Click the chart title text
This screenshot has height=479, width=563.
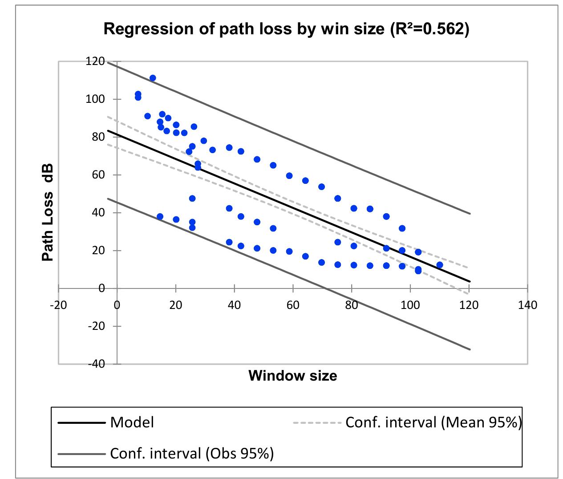pyautogui.click(x=286, y=29)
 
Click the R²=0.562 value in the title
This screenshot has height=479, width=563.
pyautogui.click(x=429, y=29)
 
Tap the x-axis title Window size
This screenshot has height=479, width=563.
pyautogui.click(x=292, y=376)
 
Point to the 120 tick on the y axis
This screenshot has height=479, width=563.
pyautogui.click(x=95, y=61)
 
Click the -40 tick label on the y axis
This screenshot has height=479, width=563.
pyautogui.click(x=95, y=364)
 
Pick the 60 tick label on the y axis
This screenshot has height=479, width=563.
pyautogui.click(x=97, y=175)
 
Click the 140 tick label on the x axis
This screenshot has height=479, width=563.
pyautogui.click(x=527, y=305)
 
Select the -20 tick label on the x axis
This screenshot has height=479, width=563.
pyautogui.click(x=58, y=305)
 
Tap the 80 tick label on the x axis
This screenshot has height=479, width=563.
pyautogui.click(x=352, y=305)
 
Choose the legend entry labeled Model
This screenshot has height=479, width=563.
pyautogui.click(x=132, y=422)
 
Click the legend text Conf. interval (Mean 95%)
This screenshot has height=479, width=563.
pyautogui.click(x=433, y=422)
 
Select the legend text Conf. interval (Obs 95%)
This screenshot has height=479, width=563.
pyautogui.click(x=191, y=453)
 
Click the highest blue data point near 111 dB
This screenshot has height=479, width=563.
pyautogui.click(x=153, y=78)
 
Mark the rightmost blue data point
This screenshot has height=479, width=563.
pyautogui.click(x=440, y=265)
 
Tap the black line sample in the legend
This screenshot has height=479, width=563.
pyautogui.click(x=81, y=422)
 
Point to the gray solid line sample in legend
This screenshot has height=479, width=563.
pyautogui.click(x=81, y=454)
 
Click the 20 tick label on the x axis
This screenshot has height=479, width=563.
pyautogui.click(x=176, y=305)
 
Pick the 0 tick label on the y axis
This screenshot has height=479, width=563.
pyautogui.click(x=102, y=288)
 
